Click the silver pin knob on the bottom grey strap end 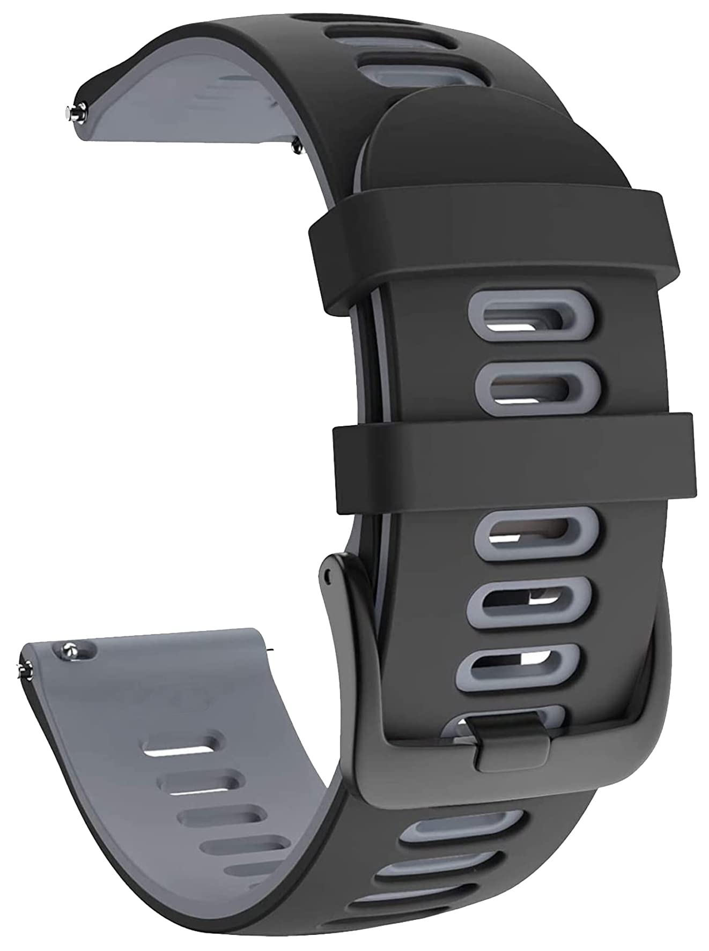pos(69,649)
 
